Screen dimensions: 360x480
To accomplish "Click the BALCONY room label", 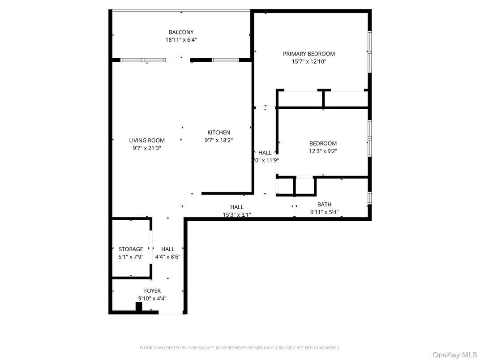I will pyautogui.click(x=181, y=32).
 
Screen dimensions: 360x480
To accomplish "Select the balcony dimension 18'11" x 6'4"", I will pyautogui.click(x=181, y=40).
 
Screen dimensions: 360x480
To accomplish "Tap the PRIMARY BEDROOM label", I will pyautogui.click(x=309, y=54).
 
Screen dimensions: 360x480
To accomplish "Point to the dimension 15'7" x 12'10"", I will pyautogui.click(x=309, y=61).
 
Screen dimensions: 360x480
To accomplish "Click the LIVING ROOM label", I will pyautogui.click(x=147, y=140).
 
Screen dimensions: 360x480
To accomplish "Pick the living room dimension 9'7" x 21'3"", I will pyautogui.click(x=147, y=148).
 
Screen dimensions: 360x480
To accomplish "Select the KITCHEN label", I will pyautogui.click(x=219, y=133).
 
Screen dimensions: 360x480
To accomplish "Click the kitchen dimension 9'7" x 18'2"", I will pyautogui.click(x=219, y=140).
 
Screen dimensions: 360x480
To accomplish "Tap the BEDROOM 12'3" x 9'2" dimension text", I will pyautogui.click(x=323, y=151).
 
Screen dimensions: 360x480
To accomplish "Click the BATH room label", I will pyautogui.click(x=324, y=205).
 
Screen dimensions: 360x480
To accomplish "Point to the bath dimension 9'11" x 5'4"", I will pyautogui.click(x=324, y=212).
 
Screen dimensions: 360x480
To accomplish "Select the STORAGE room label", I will pyautogui.click(x=131, y=249).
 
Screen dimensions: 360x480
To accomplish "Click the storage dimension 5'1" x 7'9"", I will pyautogui.click(x=131, y=257).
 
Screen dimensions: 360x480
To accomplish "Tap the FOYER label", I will pyautogui.click(x=152, y=291).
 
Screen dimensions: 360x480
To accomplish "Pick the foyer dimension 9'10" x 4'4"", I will pyautogui.click(x=152, y=299).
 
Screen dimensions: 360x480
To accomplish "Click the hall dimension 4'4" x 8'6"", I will pyautogui.click(x=168, y=257).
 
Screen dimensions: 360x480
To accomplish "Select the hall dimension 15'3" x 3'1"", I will pyautogui.click(x=237, y=214).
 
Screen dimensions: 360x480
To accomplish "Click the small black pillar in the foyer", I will pyautogui.click(x=139, y=307).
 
